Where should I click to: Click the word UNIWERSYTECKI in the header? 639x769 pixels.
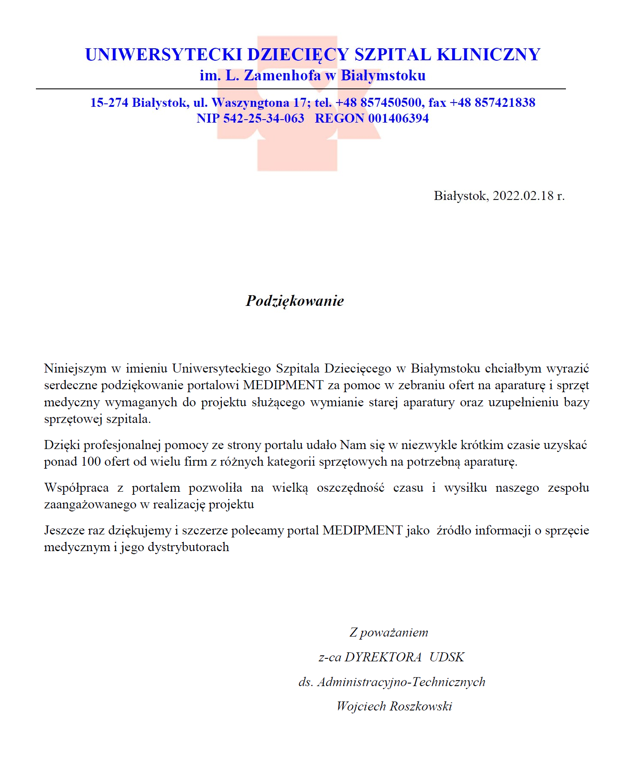pyautogui.click(x=164, y=55)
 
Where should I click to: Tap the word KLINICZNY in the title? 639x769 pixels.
pyautogui.click(x=489, y=55)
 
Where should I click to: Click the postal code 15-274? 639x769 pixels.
pyautogui.click(x=109, y=103)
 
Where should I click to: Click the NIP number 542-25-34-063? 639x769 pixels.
pyautogui.click(x=264, y=118)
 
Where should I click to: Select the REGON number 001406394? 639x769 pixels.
pyautogui.click(x=398, y=118)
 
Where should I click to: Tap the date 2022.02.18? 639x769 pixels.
pyautogui.click(x=523, y=196)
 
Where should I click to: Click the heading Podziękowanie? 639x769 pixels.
pyautogui.click(x=295, y=301)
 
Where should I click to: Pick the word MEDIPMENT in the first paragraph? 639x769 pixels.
pyautogui.click(x=283, y=385)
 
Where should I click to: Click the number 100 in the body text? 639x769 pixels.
pyautogui.click(x=91, y=462)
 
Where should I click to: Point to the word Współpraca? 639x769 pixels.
pyautogui.click(x=77, y=488)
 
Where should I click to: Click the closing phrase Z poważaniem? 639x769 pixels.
pyautogui.click(x=389, y=632)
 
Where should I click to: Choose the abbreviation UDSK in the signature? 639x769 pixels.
pyautogui.click(x=447, y=657)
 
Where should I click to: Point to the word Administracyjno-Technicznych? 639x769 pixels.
pyautogui.click(x=401, y=682)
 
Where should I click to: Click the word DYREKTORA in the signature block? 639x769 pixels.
pyautogui.click(x=383, y=657)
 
